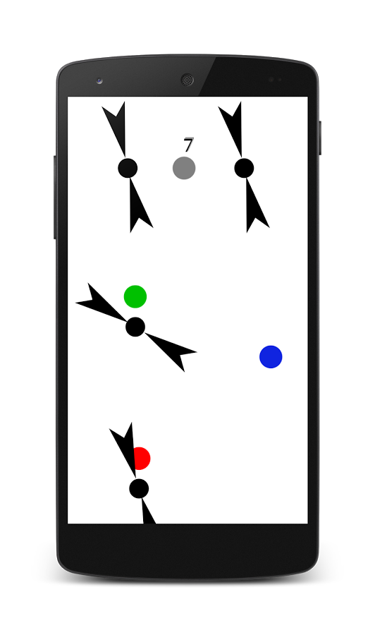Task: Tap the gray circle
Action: point(184,168)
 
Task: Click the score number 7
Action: point(188,145)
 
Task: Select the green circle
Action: point(135,296)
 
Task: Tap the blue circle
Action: point(271,357)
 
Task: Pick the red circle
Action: point(141,459)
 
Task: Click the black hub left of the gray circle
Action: point(128,168)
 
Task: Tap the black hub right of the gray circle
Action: point(244,168)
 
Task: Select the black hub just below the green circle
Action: point(135,327)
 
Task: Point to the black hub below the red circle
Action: point(139,489)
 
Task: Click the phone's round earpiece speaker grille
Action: point(187,80)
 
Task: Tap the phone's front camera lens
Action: point(99,80)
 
